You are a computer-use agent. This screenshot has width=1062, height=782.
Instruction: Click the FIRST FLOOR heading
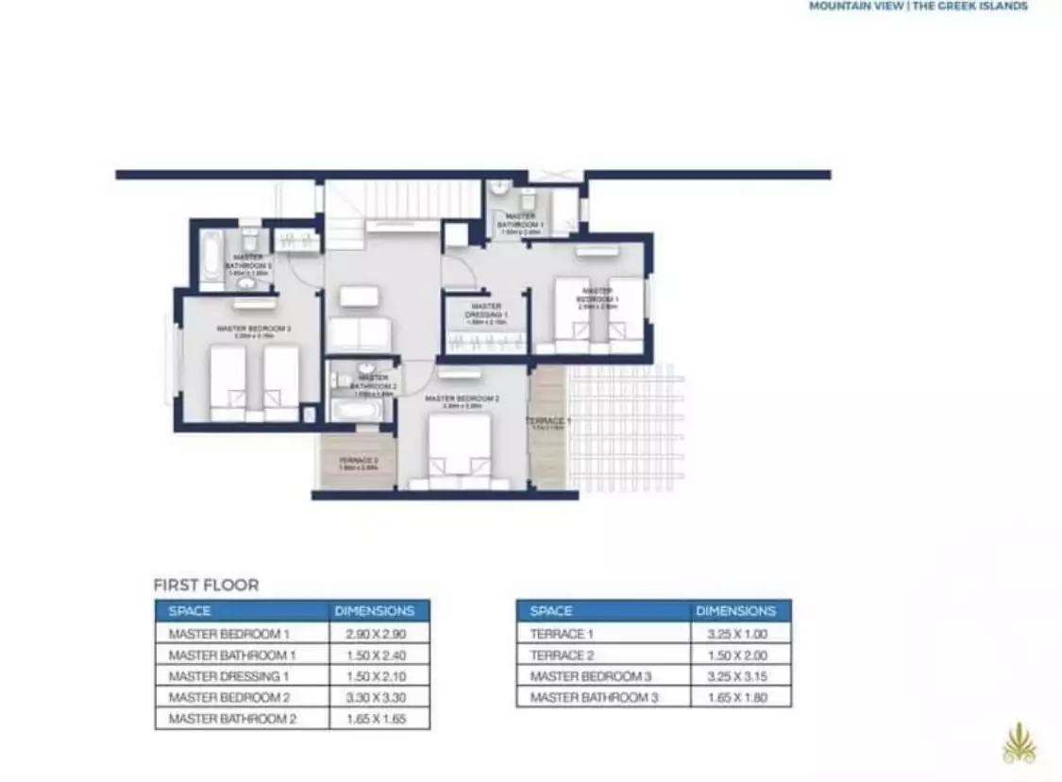[x=206, y=585]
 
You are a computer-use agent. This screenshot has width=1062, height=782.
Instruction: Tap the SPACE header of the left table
[x=190, y=611]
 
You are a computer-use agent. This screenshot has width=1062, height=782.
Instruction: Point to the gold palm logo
[x=1019, y=743]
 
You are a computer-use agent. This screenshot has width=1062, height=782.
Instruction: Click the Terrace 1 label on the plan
[x=548, y=421]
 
